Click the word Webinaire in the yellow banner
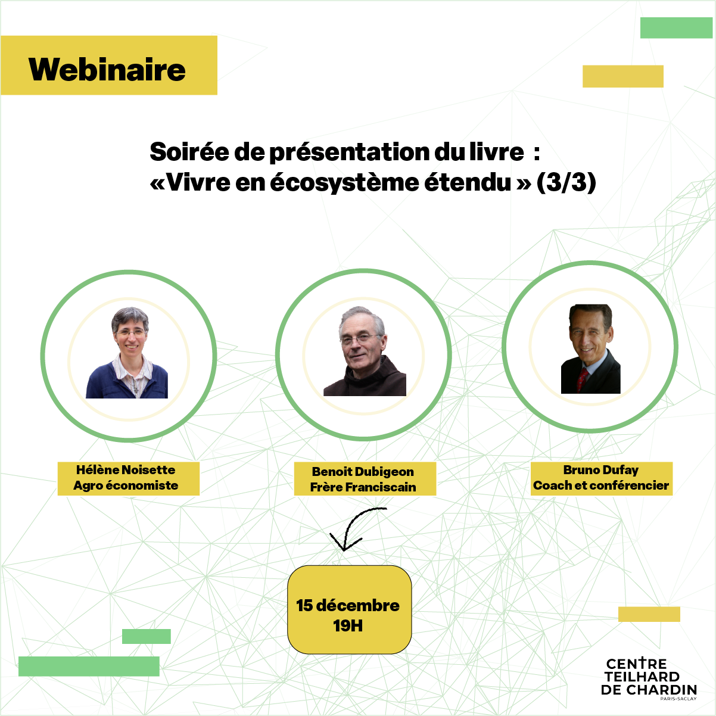point(107,70)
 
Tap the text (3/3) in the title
point(566,182)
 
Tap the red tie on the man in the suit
point(582,379)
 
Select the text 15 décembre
point(348,605)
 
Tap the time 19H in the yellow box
point(348,625)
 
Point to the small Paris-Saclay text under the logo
point(678,699)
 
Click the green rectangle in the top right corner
point(676,27)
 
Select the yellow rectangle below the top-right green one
point(622,76)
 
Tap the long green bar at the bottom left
point(89,666)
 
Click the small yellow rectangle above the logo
point(649,614)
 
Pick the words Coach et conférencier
point(601,485)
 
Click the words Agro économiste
point(126,485)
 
